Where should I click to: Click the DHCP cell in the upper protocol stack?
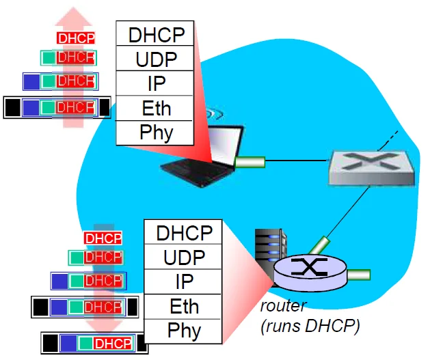(155, 34)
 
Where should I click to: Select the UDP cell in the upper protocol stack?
(155, 59)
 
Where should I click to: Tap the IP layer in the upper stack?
(155, 83)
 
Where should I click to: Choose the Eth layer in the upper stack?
(155, 108)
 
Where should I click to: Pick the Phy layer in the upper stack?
(155, 132)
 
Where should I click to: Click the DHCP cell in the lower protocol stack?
(184, 233)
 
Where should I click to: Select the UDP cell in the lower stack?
(184, 258)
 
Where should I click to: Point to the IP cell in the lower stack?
(184, 282)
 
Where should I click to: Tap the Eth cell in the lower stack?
(184, 306)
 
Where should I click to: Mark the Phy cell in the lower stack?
(184, 331)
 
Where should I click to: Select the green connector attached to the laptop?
(249, 162)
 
